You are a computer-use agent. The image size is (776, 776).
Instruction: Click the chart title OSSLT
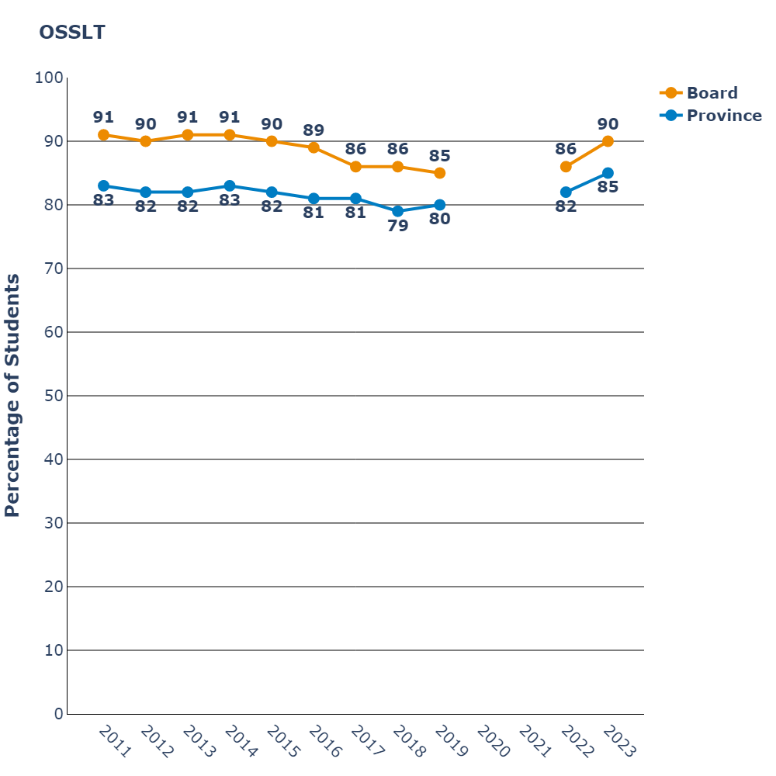(72, 33)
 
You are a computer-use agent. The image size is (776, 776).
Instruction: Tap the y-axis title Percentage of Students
(12, 395)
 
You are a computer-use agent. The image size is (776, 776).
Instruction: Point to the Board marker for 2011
(103, 135)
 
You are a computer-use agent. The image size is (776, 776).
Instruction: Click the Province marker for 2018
(398, 211)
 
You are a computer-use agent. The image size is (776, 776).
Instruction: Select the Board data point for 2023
(608, 141)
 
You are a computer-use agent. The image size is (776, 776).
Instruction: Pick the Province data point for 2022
(566, 192)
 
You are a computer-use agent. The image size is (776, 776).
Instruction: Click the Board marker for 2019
(440, 173)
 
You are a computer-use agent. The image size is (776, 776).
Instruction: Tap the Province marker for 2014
(230, 185)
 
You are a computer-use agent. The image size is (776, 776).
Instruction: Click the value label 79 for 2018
(398, 227)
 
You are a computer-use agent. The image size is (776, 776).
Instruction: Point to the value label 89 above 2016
(314, 130)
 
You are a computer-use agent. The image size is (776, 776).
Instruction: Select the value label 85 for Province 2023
(608, 187)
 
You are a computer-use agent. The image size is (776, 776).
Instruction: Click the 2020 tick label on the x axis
(494, 742)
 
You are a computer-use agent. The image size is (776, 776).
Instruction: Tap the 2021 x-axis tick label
(536, 742)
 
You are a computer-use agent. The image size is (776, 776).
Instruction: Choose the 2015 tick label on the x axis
(284, 742)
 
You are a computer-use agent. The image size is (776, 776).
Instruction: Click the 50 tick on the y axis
(52, 396)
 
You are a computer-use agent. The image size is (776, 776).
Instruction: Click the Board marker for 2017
(355, 167)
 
